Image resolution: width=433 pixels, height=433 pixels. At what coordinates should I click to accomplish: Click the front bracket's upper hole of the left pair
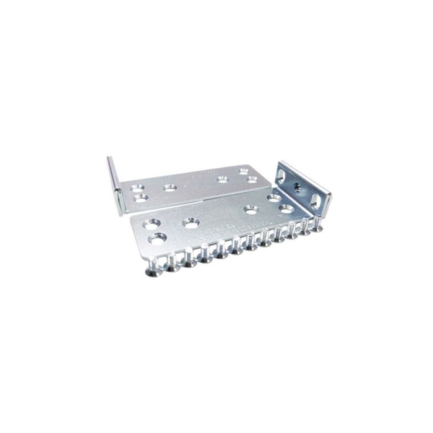point(152,223)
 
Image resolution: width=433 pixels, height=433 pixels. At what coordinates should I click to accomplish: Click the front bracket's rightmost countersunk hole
point(286,208)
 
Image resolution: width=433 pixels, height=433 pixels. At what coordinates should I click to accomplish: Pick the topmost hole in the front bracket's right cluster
point(274,198)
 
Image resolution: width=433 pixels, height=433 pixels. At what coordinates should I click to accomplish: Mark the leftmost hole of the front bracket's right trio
point(251,210)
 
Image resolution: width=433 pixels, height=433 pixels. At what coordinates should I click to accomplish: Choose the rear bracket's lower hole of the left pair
point(142,199)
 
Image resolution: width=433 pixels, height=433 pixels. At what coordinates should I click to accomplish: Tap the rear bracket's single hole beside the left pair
point(169,186)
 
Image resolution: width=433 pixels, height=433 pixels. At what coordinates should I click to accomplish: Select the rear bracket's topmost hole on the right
point(244,170)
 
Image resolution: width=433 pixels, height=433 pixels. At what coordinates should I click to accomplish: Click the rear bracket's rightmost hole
point(252,179)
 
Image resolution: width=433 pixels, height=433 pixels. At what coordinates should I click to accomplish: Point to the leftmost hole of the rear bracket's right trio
point(221,179)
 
